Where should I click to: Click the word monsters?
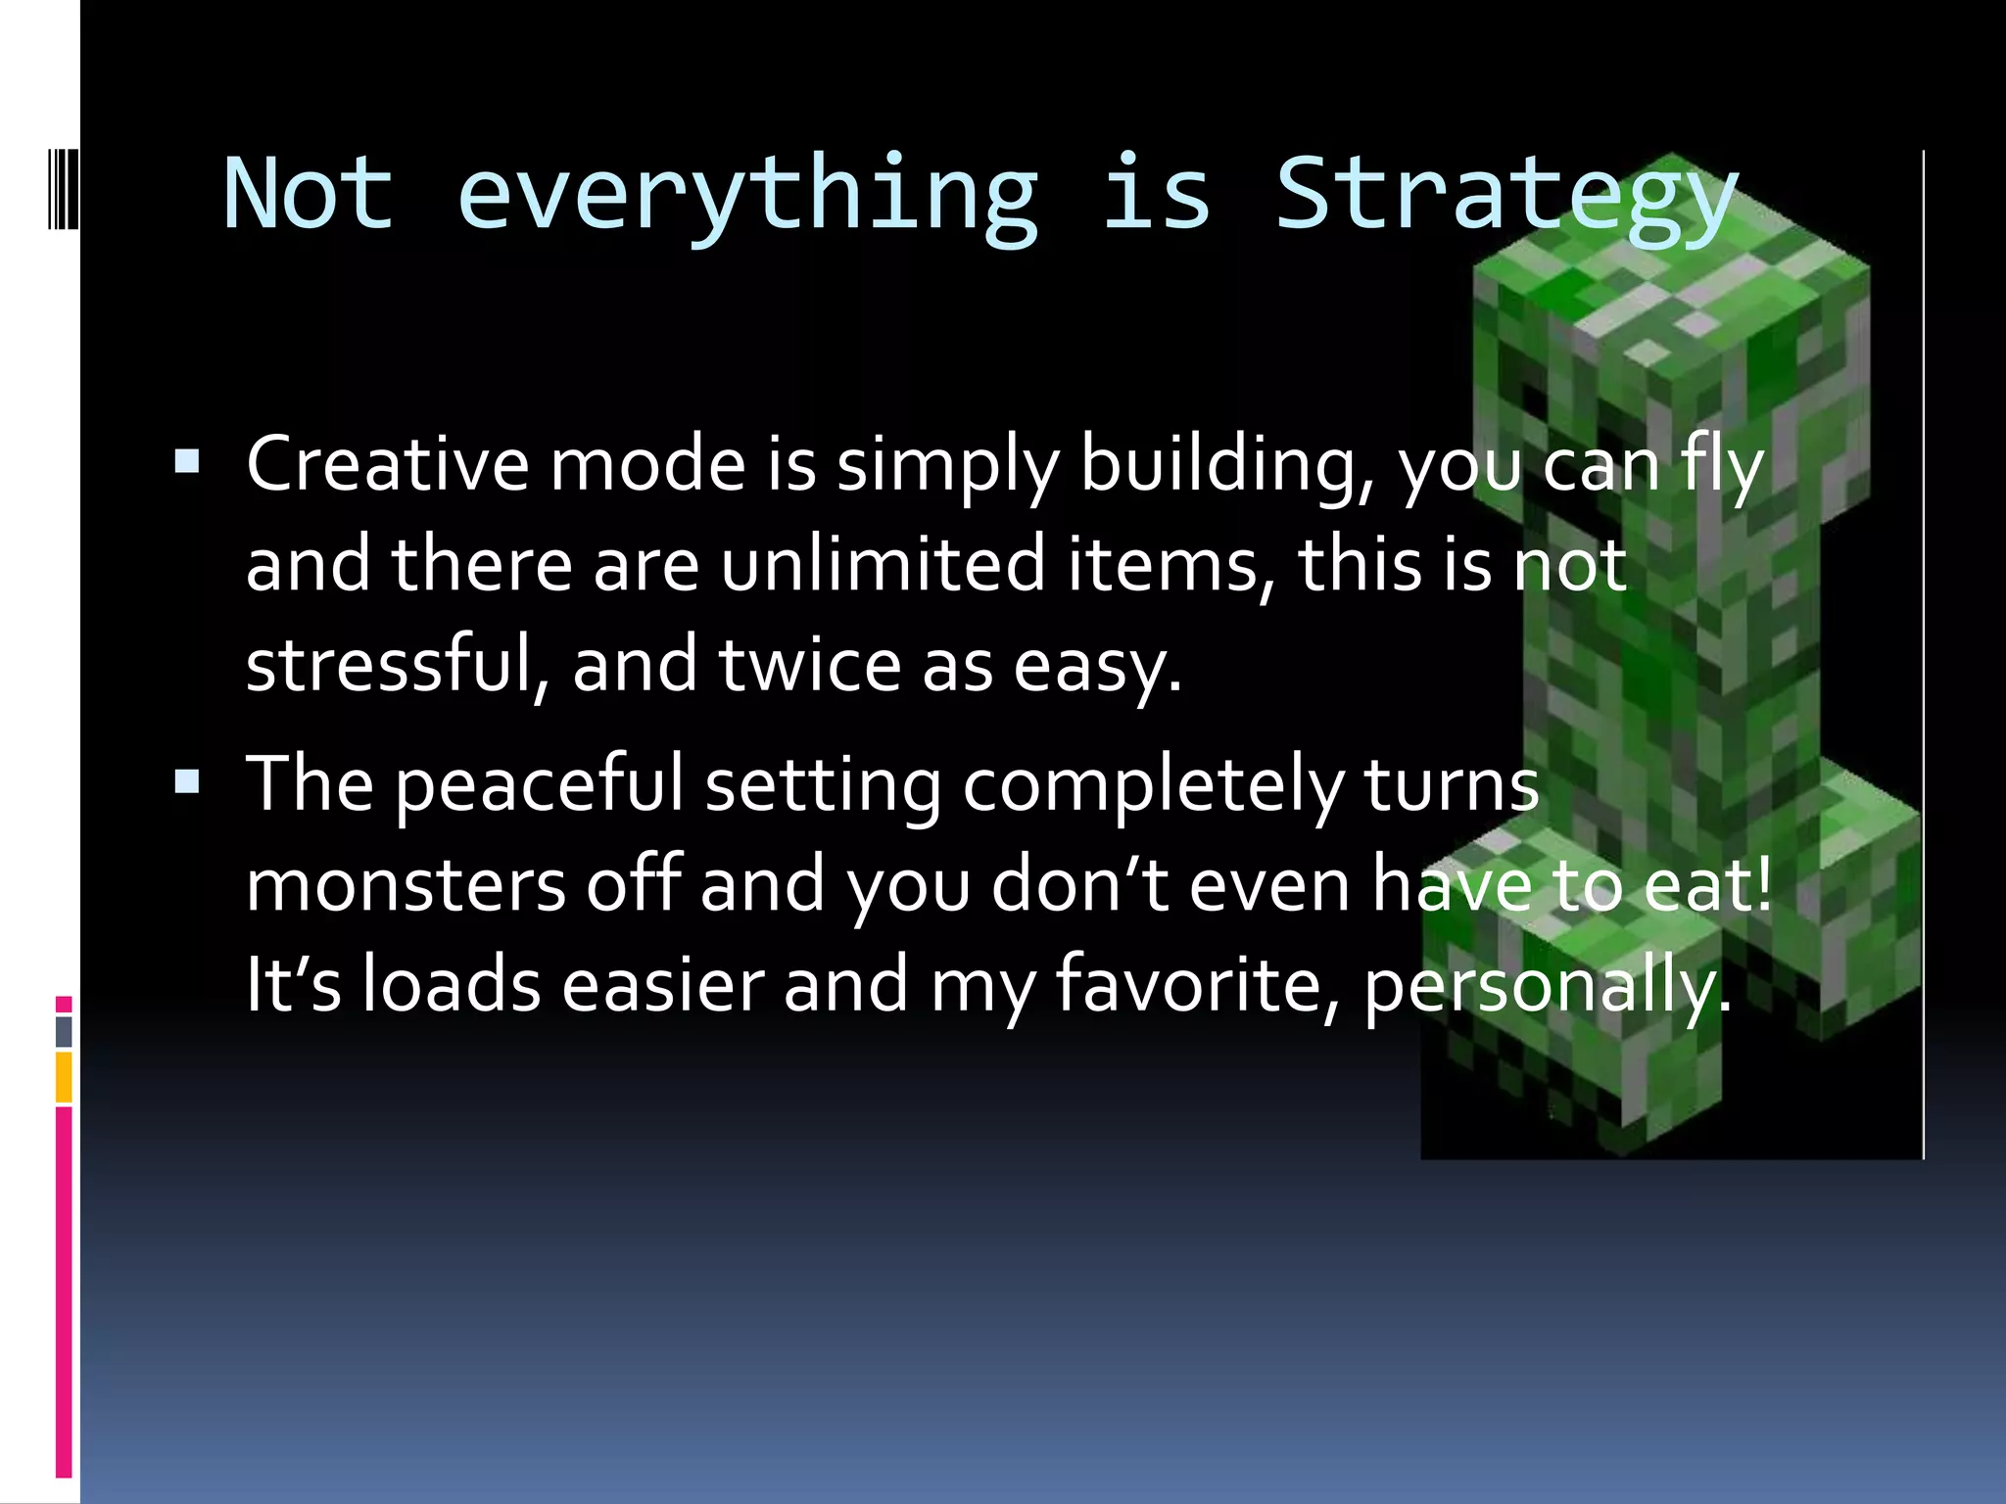(406, 885)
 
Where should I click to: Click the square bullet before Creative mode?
(187, 461)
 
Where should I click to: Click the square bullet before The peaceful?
(187, 781)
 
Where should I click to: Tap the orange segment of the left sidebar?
(64, 1077)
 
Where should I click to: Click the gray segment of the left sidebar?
(64, 1031)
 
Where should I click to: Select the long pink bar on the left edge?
(64, 1292)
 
